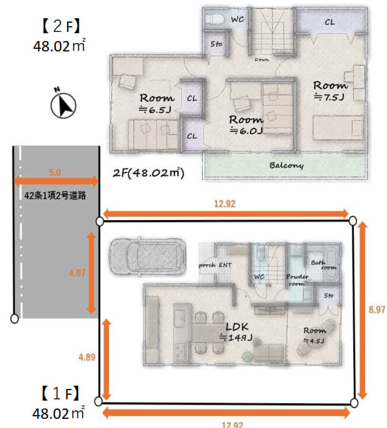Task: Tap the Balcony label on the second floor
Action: click(287, 165)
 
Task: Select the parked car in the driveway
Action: click(147, 255)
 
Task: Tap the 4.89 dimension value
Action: click(86, 357)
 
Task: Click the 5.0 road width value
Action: click(55, 173)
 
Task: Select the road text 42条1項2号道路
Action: click(55, 195)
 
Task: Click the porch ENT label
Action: click(216, 264)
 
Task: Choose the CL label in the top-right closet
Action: click(330, 22)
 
